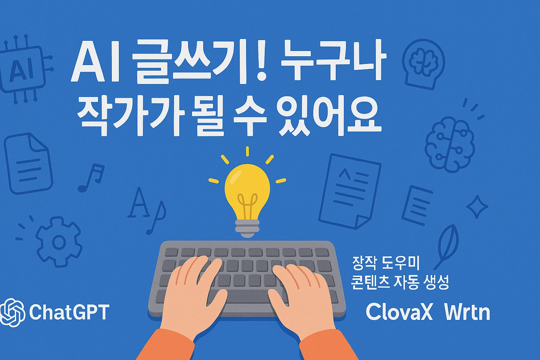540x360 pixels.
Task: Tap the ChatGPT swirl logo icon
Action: click(12, 313)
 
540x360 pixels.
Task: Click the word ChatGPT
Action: click(69, 312)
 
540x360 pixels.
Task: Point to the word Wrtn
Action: click(467, 313)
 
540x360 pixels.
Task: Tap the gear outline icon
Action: click(59, 242)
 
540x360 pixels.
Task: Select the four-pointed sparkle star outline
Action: click(477, 207)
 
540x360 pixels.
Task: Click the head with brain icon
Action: click(424, 64)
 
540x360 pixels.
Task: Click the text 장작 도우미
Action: click(385, 263)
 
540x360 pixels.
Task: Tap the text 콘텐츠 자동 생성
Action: click(399, 282)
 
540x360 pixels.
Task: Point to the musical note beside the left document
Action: click(92, 178)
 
